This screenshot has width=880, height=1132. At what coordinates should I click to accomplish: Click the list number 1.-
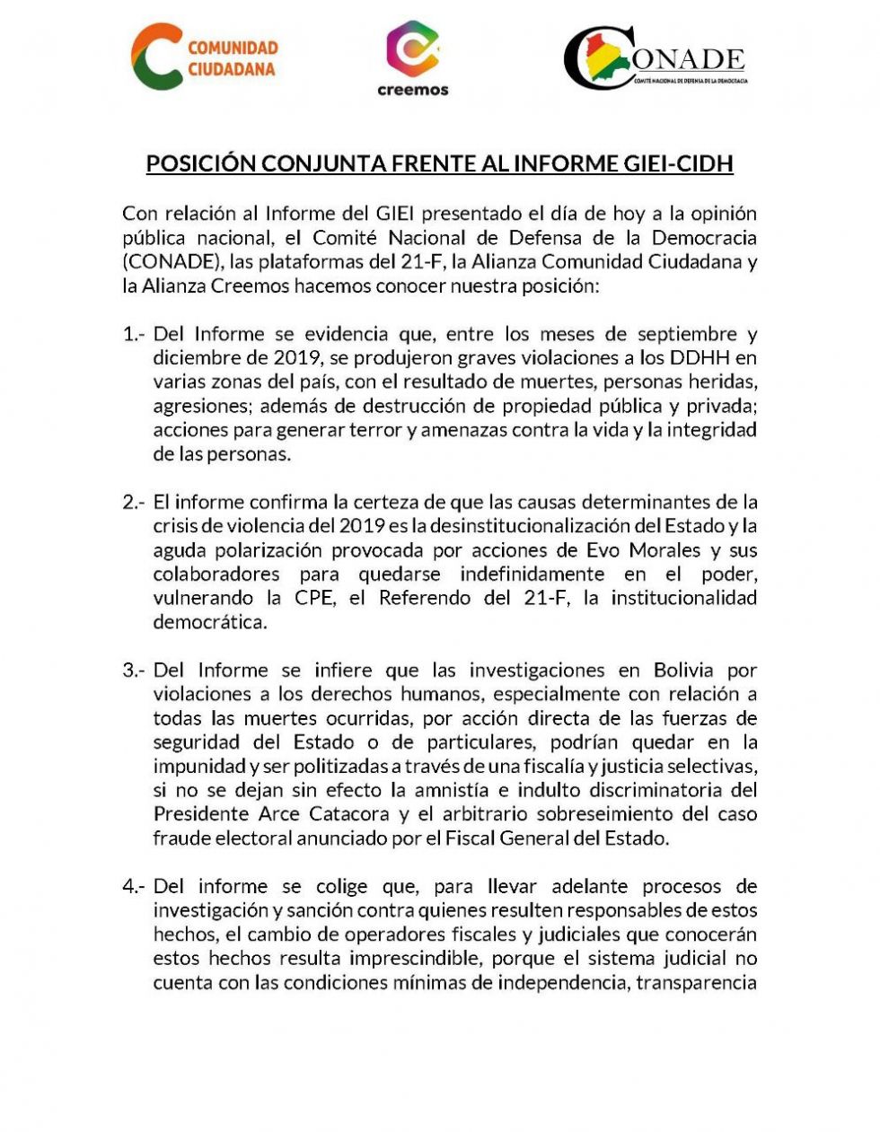click(x=134, y=334)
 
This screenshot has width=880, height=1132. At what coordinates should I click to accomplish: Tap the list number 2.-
click(x=134, y=502)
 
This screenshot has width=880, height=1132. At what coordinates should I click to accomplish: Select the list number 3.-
click(x=134, y=670)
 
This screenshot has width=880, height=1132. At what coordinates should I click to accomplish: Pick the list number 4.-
click(x=134, y=886)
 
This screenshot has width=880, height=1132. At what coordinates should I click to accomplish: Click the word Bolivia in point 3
click(x=683, y=670)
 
